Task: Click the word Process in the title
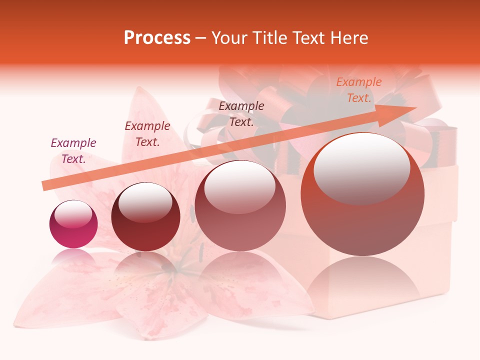tap(157, 38)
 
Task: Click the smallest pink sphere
tap(73, 224)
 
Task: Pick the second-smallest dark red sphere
tap(145, 217)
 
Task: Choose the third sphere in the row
tap(240, 205)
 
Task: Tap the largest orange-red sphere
tap(362, 194)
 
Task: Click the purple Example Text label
tap(73, 151)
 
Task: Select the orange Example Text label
tap(358, 90)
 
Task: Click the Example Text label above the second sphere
tap(147, 134)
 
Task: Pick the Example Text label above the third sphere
tap(241, 114)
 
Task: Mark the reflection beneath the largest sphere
tap(362, 280)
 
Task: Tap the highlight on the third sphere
tap(239, 186)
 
